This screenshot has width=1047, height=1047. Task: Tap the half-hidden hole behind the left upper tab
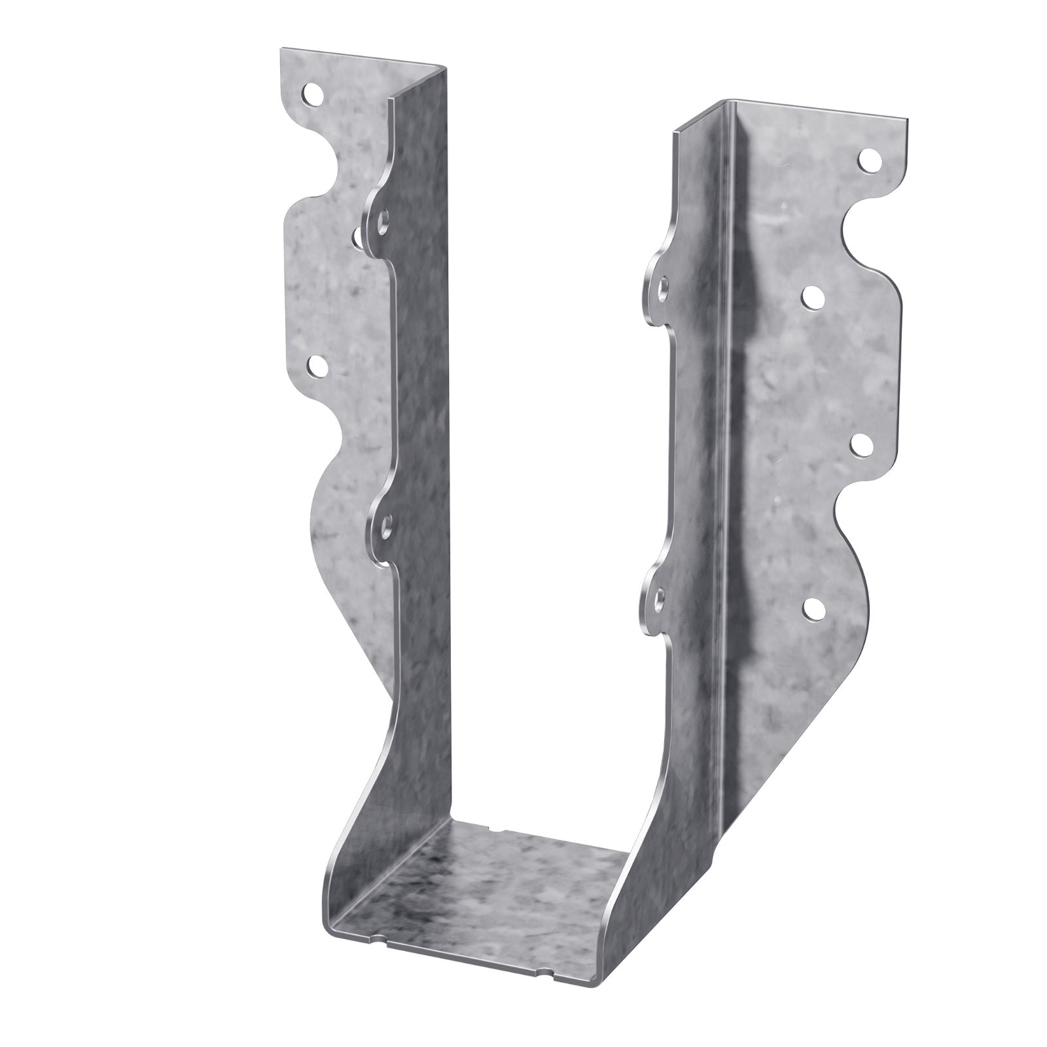pyautogui.click(x=357, y=239)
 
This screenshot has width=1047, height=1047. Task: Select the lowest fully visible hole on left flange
pyautogui.click(x=317, y=367)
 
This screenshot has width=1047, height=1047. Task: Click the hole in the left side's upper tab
pyautogui.click(x=381, y=222)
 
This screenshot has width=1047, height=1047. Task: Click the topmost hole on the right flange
pyautogui.click(x=868, y=160)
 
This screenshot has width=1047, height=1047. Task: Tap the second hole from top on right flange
pyautogui.click(x=813, y=298)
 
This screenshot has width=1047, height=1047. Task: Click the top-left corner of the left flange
pyautogui.click(x=283, y=50)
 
